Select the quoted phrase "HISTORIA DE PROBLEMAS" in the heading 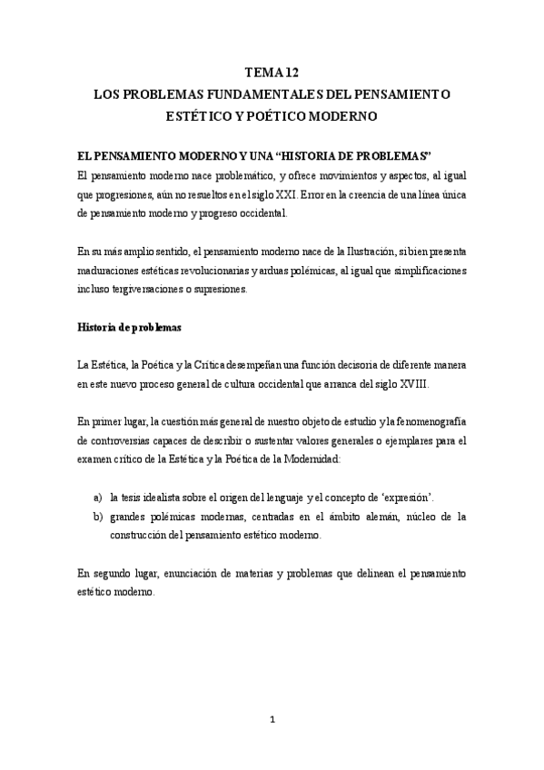coord(355,154)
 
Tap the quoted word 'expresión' coord(404,498)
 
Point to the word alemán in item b coord(385,517)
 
